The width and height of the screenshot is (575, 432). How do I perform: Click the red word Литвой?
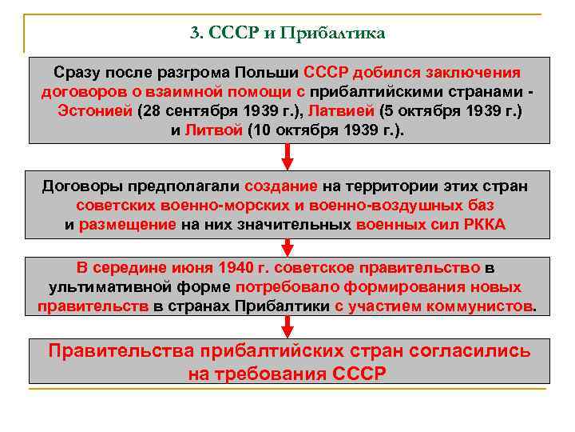(x=212, y=130)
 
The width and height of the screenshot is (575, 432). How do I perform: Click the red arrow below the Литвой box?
(x=288, y=156)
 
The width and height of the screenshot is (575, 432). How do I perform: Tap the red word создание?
(x=280, y=186)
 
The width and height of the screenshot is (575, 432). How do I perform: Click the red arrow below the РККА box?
(x=288, y=247)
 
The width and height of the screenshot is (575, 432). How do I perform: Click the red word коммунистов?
(x=478, y=306)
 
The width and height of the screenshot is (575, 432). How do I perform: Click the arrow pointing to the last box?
(x=288, y=328)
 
